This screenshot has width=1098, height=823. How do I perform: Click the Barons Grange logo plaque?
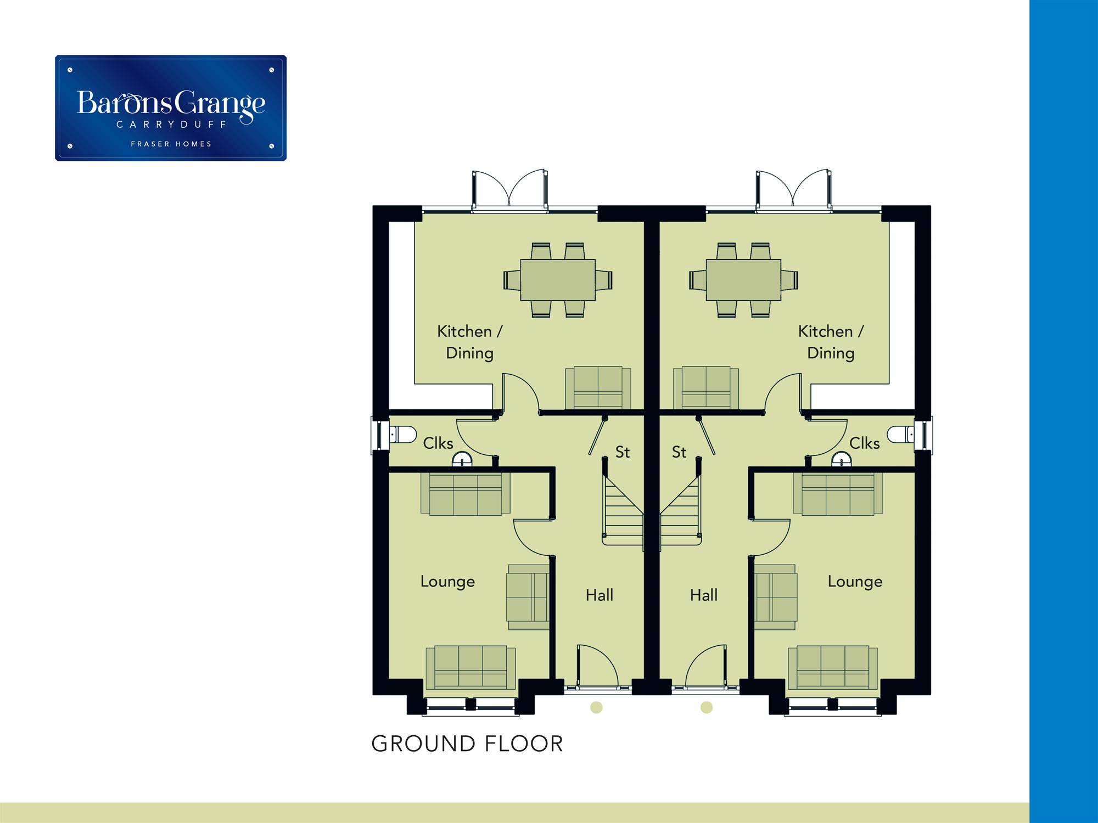(x=171, y=108)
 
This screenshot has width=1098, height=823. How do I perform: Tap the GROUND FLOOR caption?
(x=467, y=744)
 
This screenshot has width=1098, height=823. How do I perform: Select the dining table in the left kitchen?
(x=558, y=280)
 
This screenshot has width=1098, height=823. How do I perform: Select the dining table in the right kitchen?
(x=743, y=280)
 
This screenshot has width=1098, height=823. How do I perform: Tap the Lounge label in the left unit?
(x=447, y=582)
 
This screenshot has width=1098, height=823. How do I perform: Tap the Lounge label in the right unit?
(x=855, y=582)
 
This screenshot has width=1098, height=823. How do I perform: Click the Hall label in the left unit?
(x=599, y=595)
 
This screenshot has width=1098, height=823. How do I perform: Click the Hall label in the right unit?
(x=704, y=595)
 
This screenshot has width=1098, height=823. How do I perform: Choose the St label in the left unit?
(x=622, y=452)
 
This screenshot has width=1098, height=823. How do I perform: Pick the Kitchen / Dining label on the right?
(x=831, y=342)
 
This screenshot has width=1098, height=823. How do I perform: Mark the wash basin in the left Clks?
(x=462, y=460)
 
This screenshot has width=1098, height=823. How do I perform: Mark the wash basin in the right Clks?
(x=841, y=460)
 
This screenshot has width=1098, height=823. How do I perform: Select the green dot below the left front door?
(x=596, y=707)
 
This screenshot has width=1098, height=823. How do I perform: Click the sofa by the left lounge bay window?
(x=470, y=667)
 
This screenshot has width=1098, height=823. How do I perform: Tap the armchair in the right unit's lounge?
(x=775, y=597)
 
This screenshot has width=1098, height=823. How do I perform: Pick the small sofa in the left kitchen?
(x=598, y=387)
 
